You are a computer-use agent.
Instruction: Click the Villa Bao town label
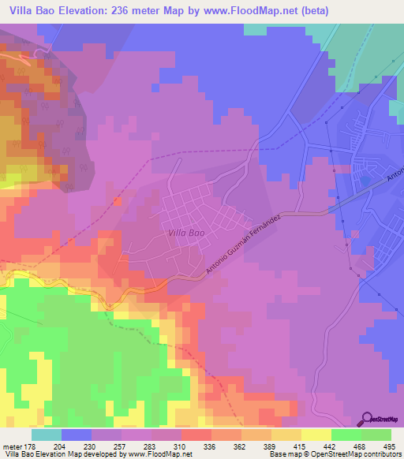point(186,233)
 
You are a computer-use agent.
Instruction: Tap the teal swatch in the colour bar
point(47,435)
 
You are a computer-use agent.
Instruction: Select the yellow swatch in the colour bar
point(316,435)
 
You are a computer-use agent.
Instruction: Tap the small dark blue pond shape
point(365,181)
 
